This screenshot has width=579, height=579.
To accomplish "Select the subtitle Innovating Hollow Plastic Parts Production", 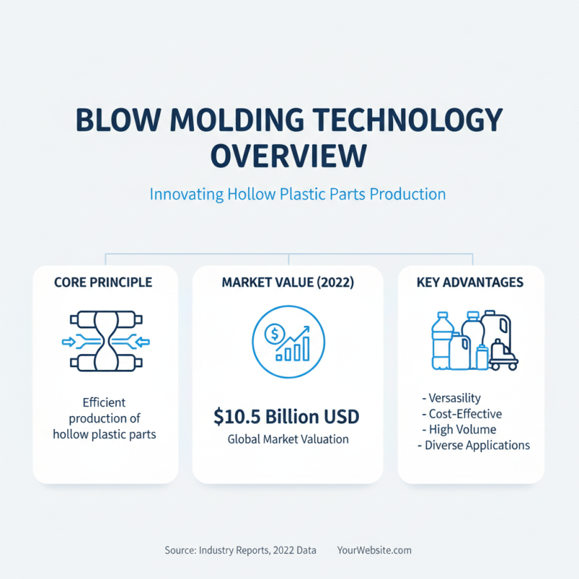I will pyautogui.click(x=297, y=194).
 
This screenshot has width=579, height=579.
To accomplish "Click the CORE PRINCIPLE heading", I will pyautogui.click(x=103, y=282).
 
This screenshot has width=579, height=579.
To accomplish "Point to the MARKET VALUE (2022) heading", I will pyautogui.click(x=287, y=282).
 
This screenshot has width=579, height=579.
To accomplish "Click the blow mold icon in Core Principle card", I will pyautogui.click(x=103, y=342).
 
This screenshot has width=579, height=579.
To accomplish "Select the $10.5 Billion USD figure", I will pyautogui.click(x=287, y=417).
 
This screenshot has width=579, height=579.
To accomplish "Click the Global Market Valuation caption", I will pyautogui.click(x=287, y=439).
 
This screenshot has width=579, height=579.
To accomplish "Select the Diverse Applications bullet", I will pyautogui.click(x=474, y=445).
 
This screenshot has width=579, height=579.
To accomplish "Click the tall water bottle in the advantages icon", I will pyautogui.click(x=440, y=340).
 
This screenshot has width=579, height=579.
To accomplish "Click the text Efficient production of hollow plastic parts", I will pyautogui.click(x=104, y=418).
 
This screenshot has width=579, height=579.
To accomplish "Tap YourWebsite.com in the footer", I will pyautogui.click(x=374, y=550).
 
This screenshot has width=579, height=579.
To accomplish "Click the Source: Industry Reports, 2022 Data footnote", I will pyautogui.click(x=240, y=550).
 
